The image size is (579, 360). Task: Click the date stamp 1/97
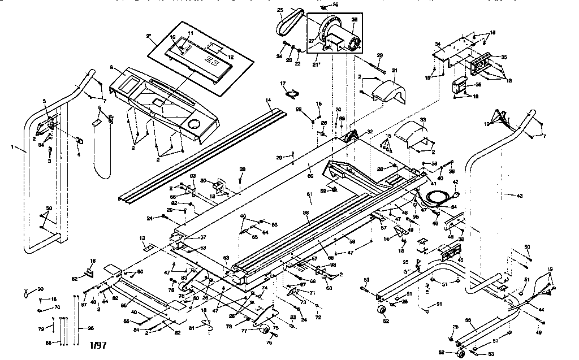coord(97,344)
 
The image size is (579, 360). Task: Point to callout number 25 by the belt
coord(279,10)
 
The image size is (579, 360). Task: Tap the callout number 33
coord(422,120)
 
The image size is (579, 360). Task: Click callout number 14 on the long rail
coord(269,99)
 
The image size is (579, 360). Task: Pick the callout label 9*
coord(149,36)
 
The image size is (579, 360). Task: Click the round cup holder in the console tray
coord(194,124)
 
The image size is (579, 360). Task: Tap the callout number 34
coord(437,43)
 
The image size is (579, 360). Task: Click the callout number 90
coord(40,289)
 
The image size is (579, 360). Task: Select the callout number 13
coord(142,238)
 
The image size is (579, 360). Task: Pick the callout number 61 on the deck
coord(309,194)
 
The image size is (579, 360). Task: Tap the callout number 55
coord(468,320)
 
